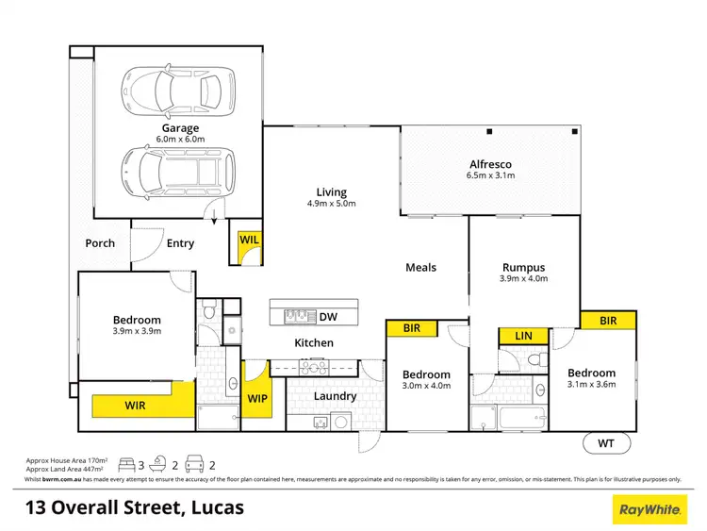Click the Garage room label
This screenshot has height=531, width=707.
179,127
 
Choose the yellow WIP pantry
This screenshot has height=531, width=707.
256,399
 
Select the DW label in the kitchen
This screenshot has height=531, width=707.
327,316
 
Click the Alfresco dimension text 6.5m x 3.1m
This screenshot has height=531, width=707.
488,175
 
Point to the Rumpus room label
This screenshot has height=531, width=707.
524,267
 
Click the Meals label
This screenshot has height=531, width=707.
420,267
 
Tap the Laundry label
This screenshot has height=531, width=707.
335,396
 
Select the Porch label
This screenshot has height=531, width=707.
100,242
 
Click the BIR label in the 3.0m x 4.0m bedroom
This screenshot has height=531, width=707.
411,329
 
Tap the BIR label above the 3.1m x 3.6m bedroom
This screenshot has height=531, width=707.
607,322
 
